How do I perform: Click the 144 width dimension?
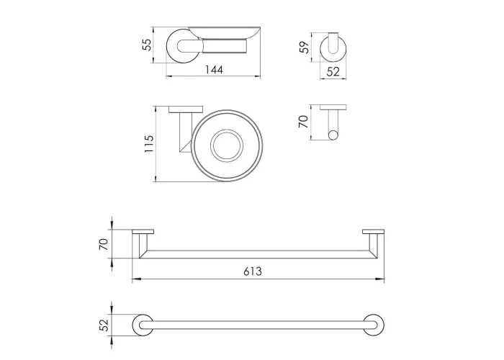point(215,69)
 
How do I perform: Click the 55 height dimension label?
point(147,45)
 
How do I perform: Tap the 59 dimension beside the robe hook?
point(305,47)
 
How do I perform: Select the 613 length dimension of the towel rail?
point(253,271)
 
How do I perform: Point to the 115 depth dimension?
point(149,144)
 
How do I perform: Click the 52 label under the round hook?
point(333,71)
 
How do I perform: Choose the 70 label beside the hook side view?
point(303,122)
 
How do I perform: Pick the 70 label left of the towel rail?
point(103,245)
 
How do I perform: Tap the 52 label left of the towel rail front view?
point(104,325)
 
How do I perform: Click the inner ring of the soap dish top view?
point(227,130)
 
